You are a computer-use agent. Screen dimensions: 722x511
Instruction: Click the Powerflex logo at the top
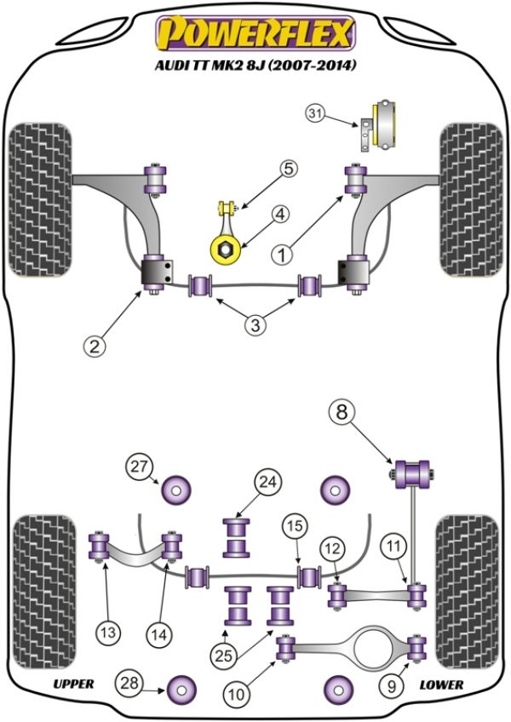[254, 34]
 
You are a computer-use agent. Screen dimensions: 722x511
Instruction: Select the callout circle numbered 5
[290, 169]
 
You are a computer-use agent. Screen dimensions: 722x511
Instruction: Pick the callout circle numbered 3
[255, 324]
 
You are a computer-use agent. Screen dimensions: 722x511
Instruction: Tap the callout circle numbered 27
[138, 466]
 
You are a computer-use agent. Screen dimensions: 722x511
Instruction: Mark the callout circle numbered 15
[295, 527]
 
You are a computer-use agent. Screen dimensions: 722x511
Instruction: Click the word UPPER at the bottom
[72, 684]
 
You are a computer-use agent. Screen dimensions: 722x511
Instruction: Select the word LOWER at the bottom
[440, 684]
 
